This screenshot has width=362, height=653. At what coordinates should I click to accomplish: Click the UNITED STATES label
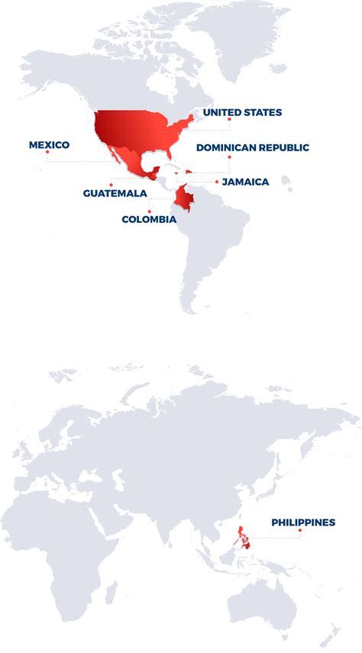(x=242, y=112)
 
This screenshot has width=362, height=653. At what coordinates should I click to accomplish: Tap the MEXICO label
(x=49, y=144)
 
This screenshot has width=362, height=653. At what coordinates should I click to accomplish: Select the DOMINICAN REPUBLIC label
(x=253, y=147)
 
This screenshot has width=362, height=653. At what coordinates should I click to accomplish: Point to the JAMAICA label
(x=245, y=182)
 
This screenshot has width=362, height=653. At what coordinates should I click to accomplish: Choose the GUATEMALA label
(x=115, y=193)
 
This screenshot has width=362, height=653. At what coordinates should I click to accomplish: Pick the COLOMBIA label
(x=149, y=219)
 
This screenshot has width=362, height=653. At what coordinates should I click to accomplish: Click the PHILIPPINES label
(x=303, y=522)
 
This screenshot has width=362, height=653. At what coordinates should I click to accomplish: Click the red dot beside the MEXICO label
(x=47, y=152)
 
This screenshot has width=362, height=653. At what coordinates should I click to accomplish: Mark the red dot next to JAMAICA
(x=217, y=182)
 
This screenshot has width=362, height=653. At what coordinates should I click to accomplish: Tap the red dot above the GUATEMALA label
(x=111, y=184)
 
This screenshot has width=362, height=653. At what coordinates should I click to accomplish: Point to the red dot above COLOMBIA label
(x=150, y=211)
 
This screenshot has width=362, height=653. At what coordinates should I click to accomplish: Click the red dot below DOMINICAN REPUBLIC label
(x=228, y=157)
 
